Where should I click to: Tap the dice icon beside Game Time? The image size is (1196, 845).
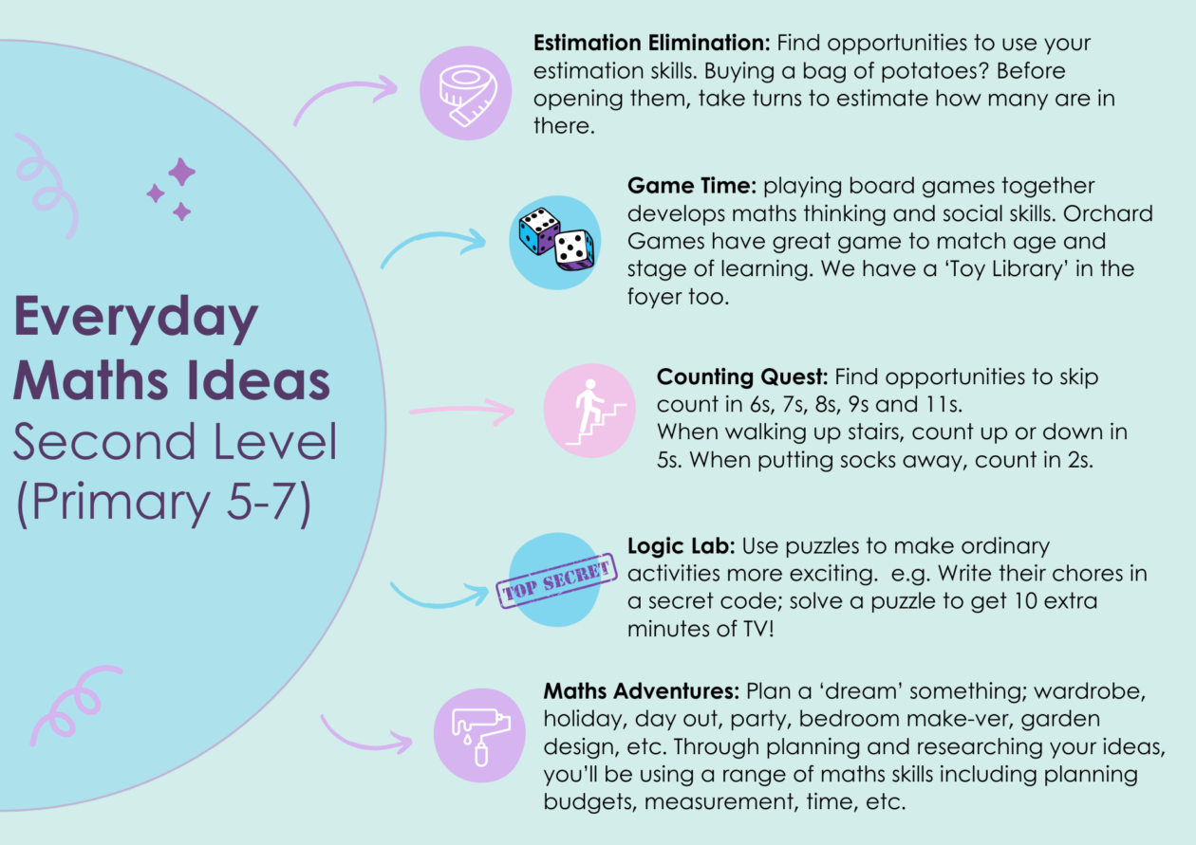click(x=557, y=239)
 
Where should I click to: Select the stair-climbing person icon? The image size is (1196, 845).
click(x=596, y=412)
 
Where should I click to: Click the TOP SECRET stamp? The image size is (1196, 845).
click(x=557, y=581)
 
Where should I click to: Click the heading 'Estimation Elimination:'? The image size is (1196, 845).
click(x=651, y=44)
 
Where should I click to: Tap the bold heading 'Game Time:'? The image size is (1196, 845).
click(x=692, y=186)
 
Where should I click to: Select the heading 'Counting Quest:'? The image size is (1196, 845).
click(x=742, y=377)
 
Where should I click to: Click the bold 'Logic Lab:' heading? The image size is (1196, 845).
click(x=682, y=546)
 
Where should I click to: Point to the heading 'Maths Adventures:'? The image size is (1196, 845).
click(x=642, y=691)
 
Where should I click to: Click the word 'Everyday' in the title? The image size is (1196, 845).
click(x=136, y=317)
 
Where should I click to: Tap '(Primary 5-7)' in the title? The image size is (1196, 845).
click(x=164, y=503)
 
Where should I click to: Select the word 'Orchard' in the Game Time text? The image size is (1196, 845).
click(x=1108, y=214)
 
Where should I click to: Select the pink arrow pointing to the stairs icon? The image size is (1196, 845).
click(x=462, y=410)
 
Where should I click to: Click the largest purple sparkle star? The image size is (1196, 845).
click(x=182, y=172)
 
